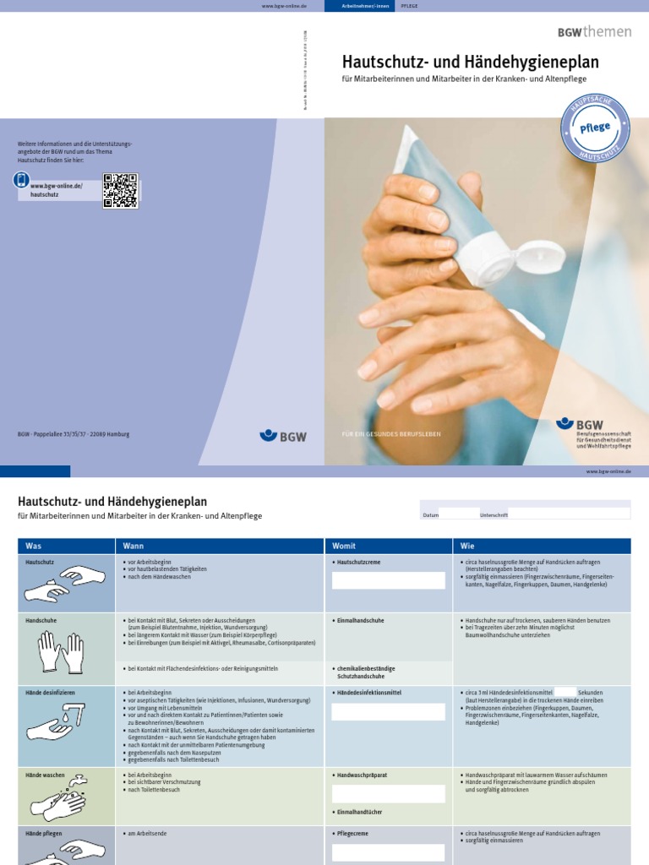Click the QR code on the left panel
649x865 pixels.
click(120, 190)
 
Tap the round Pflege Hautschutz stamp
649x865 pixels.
click(595, 129)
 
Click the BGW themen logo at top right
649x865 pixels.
click(594, 31)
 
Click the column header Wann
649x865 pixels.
click(134, 546)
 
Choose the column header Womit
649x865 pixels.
click(344, 546)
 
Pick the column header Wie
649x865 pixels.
click(467, 546)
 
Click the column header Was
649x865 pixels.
click(33, 546)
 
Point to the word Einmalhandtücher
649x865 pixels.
click(359, 812)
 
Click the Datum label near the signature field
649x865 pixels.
click(431, 514)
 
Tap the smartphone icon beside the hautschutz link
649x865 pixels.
click(22, 180)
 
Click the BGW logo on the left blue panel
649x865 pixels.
click(283, 436)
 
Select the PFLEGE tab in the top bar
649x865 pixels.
click(410, 6)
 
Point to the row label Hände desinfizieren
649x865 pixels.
click(47, 693)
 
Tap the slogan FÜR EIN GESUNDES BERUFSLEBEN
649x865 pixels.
click(391, 434)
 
